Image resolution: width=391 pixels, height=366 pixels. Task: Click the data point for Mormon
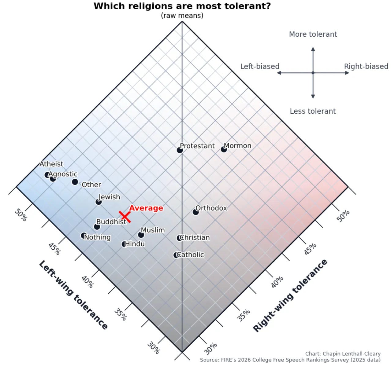coord(224,149)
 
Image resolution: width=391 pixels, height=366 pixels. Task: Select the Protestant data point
coord(180,150)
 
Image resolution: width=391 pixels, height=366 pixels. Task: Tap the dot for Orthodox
coord(195,212)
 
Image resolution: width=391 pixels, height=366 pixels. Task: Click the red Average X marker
coord(125,217)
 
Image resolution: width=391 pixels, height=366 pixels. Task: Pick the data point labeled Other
coord(75,182)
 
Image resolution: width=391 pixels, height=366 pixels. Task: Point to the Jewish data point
coord(99,202)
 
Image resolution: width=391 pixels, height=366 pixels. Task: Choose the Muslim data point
coord(141,235)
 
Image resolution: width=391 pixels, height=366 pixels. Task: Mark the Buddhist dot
coord(97,227)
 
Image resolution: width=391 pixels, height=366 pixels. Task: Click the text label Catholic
coord(190,255)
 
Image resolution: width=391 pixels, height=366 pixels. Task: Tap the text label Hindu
coord(135,244)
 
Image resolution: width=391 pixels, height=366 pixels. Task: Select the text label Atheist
coord(51,164)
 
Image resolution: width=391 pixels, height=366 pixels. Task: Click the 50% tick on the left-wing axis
coord(20,215)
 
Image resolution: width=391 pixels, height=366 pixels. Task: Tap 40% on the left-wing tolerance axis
coord(87,282)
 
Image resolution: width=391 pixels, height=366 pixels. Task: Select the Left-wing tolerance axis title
coord(73,295)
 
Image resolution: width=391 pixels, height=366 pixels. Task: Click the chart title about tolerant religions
coord(182,6)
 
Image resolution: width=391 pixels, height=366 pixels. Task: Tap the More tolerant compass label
coord(313,34)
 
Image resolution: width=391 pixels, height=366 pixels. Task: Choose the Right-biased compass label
coord(366,67)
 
